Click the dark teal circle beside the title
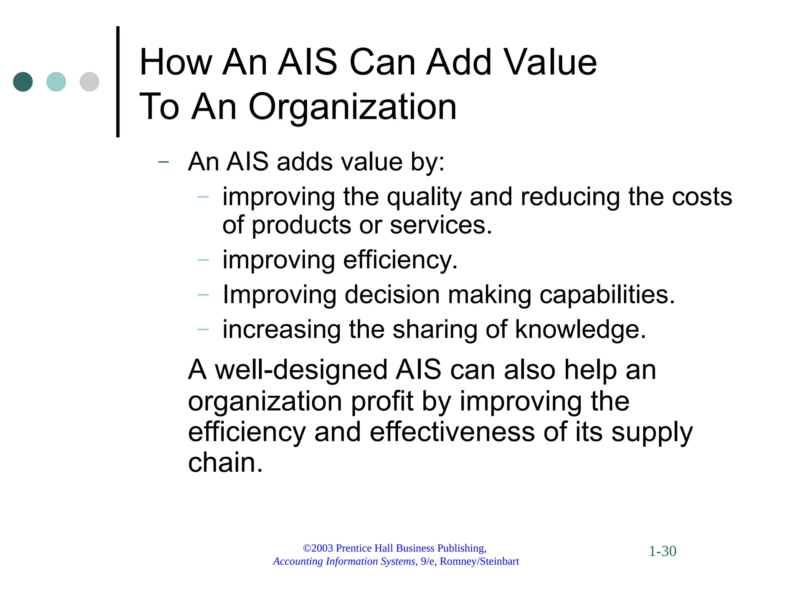click(x=23, y=82)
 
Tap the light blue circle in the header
click(x=56, y=82)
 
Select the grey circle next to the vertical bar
click(x=89, y=82)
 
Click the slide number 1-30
click(x=662, y=551)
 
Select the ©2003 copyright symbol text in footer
click(x=318, y=548)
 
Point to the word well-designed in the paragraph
click(x=301, y=370)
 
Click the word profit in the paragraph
click(x=382, y=401)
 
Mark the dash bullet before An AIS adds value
click(x=163, y=162)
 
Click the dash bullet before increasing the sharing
click(x=203, y=329)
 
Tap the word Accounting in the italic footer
click(x=298, y=561)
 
